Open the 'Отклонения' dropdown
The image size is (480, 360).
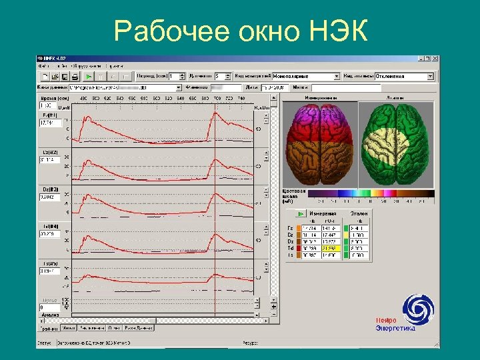(x=403, y=77)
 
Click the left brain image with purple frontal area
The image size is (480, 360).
(x=320, y=145)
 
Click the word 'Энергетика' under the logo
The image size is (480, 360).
(x=395, y=327)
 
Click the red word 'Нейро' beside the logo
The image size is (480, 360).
(x=386, y=320)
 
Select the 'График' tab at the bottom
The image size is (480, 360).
(x=48, y=328)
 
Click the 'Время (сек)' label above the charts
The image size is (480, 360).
(x=50, y=99)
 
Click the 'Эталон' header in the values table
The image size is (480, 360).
(x=359, y=213)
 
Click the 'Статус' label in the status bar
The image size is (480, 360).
(x=44, y=343)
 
